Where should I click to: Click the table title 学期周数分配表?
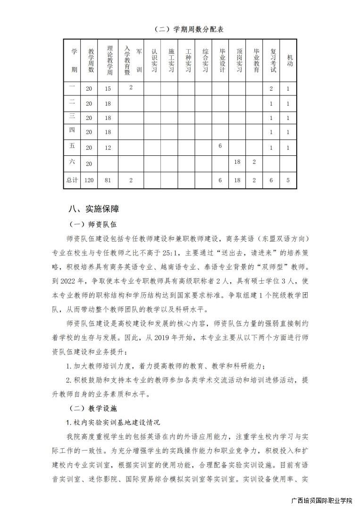[189, 29]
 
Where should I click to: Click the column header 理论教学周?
[109, 60]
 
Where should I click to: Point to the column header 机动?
[289, 60]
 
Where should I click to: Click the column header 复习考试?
[272, 60]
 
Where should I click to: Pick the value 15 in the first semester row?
[108, 89]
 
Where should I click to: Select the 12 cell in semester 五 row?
[108, 148]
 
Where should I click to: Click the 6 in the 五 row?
[220, 146]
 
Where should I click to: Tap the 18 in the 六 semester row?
[237, 162]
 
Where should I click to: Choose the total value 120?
[89, 180]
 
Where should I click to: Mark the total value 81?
[108, 180]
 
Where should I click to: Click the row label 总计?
[72, 180]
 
